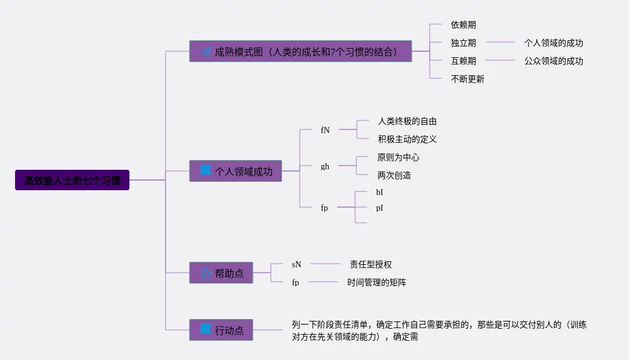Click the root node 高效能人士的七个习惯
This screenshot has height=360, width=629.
point(72,180)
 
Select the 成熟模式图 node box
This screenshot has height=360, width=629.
point(300,51)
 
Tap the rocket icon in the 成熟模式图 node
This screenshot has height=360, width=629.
point(206,52)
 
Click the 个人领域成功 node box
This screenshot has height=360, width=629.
point(235,171)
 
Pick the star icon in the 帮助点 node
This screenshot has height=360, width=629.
point(206,273)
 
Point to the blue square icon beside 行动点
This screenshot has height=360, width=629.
point(206,329)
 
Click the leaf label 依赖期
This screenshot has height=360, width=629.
point(463,25)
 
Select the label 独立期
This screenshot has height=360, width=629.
point(463,43)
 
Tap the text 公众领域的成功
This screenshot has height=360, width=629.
point(553,61)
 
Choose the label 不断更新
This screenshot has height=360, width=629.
point(467,79)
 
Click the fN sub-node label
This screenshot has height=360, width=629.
point(325,130)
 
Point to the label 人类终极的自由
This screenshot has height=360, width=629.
point(407,121)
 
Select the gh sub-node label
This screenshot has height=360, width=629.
point(325,166)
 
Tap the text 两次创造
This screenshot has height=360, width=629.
point(394,175)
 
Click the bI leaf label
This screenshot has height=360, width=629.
point(379,193)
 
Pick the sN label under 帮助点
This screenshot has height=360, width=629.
point(296,264)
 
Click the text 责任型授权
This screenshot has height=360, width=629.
point(370,264)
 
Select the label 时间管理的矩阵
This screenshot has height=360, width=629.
point(376,282)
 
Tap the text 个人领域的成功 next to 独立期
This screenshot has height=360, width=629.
point(553,43)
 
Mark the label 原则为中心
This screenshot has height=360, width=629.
point(398,157)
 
